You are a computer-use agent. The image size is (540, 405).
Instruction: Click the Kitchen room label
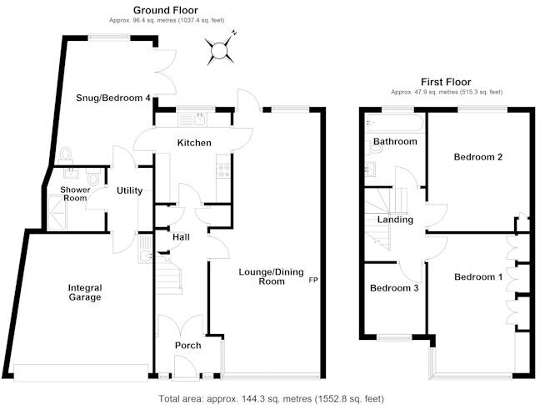194,143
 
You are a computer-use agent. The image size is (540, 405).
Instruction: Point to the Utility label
129,190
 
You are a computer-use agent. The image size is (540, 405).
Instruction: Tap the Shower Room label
74,194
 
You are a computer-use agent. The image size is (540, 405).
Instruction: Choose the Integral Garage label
85,292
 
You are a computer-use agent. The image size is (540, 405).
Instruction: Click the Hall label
181,237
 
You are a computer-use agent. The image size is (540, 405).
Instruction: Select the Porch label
187,346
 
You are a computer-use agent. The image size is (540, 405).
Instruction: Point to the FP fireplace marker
313,280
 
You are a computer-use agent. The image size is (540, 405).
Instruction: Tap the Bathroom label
395,141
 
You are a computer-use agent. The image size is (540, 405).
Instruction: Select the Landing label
395,220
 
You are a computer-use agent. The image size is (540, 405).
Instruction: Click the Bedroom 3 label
394,288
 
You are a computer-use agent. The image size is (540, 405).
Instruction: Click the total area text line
271,398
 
